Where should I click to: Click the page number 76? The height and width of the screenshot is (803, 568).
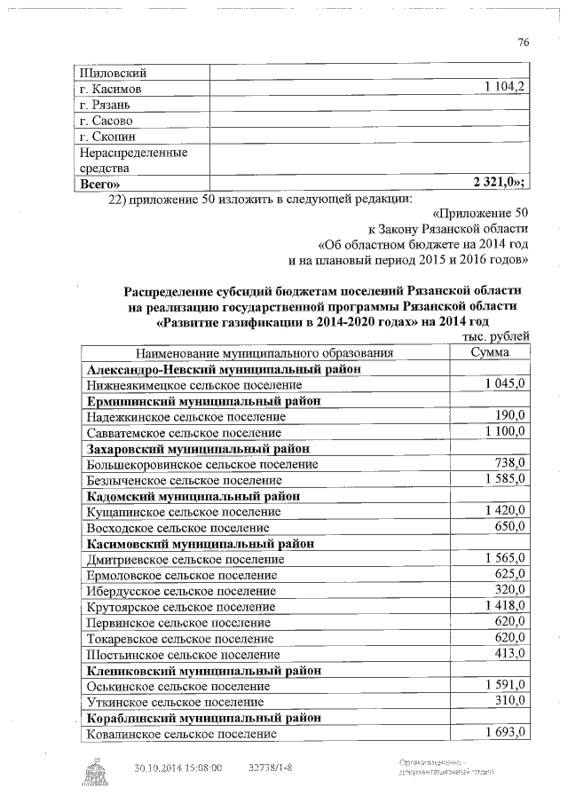click(x=523, y=43)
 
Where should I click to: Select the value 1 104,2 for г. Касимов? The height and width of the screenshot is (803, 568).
click(x=505, y=88)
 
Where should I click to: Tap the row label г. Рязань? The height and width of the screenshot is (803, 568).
click(x=104, y=104)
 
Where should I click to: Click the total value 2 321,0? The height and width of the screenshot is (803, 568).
click(x=498, y=183)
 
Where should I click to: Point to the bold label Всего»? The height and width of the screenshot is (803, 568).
click(x=99, y=183)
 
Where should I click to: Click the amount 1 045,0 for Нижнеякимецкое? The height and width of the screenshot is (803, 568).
click(x=506, y=384)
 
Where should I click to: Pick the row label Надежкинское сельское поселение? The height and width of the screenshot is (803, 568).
click(x=185, y=416)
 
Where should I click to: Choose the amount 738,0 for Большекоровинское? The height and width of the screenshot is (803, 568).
click(x=510, y=463)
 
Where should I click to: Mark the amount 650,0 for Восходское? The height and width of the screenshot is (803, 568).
click(x=510, y=527)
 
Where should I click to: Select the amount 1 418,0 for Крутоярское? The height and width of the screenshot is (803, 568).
click(x=506, y=606)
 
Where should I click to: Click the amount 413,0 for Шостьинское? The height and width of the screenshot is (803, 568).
click(x=510, y=654)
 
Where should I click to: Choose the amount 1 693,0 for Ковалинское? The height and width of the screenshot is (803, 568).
click(x=506, y=733)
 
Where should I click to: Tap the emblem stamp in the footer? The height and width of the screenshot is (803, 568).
click(x=92, y=773)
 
